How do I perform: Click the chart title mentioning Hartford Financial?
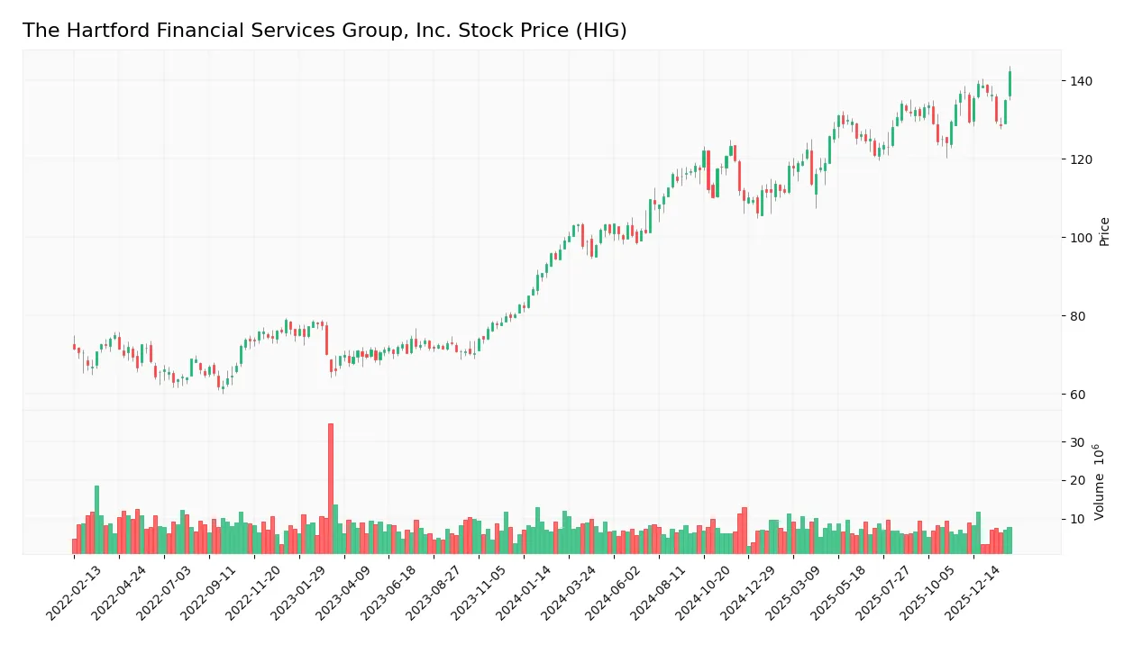(324, 31)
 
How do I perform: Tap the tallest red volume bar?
(331, 487)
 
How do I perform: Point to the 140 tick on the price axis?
(1081, 81)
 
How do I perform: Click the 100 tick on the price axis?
(1081, 238)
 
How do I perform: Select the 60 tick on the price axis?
(1077, 395)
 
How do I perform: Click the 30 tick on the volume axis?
(1077, 442)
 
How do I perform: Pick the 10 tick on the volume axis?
(1077, 519)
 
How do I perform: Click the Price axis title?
(1104, 232)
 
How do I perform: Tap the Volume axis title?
(1101, 482)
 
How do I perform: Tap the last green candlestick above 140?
(1010, 84)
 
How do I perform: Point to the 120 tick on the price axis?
(1081, 159)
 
